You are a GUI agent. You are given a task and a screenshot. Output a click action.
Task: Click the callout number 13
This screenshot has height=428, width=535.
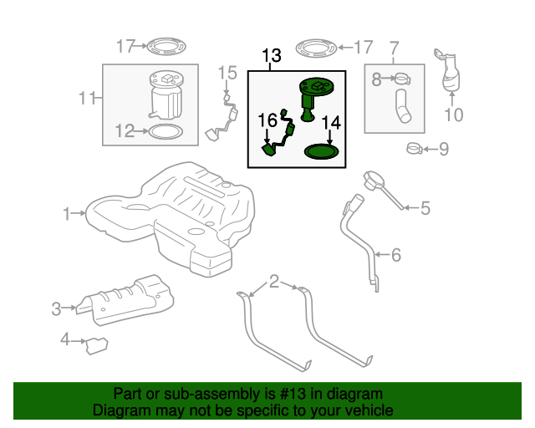[272, 57]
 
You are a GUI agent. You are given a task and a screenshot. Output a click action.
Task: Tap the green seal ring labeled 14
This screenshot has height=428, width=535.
[322, 151]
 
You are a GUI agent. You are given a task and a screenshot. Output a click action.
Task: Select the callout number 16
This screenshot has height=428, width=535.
[267, 120]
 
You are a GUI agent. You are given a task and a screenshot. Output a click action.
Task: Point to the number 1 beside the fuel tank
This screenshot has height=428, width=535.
[67, 214]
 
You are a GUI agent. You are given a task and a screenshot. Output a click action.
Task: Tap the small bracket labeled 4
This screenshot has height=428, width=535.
[98, 344]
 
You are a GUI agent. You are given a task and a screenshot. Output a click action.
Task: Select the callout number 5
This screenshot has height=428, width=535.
[425, 208]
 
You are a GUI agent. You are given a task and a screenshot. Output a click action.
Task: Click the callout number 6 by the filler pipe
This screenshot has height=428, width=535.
[397, 253]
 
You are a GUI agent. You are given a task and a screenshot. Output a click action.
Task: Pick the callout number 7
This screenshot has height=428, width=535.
[395, 48]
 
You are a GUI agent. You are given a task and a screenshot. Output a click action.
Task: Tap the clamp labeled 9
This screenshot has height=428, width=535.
[414, 150]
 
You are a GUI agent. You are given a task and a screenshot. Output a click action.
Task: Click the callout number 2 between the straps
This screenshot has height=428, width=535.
[274, 282]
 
